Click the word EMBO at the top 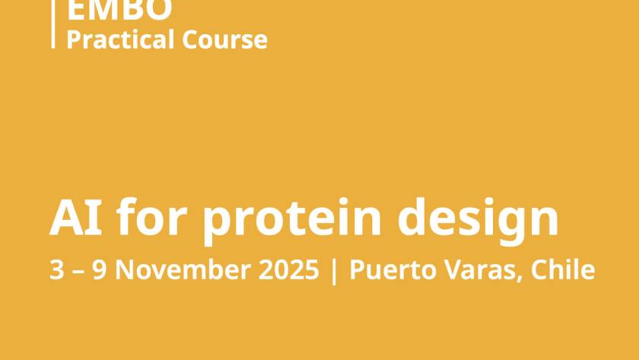(x=119, y=10)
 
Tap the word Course (x=225, y=40)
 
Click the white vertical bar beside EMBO (x=53, y=24)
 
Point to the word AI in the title (x=76, y=217)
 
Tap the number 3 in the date (x=57, y=269)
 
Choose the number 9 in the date (x=99, y=269)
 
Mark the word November (x=183, y=269)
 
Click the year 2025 (x=288, y=269)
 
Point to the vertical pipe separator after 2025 (x=334, y=271)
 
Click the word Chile (x=563, y=269)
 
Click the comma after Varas (x=520, y=279)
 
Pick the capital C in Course (x=190, y=40)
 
